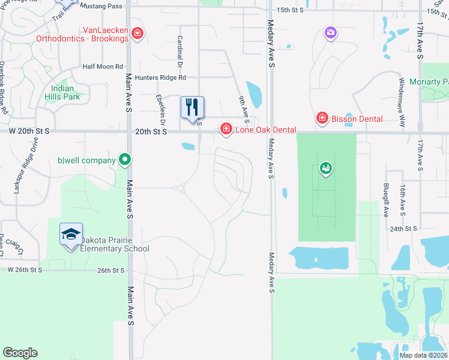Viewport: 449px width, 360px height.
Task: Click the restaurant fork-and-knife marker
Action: pyautogui.click(x=192, y=107)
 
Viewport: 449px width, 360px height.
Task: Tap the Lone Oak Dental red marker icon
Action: pyautogui.click(x=226, y=128)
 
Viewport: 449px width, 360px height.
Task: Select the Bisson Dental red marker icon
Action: pyautogui.click(x=322, y=118)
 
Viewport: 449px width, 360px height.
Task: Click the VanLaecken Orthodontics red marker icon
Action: pyautogui.click(x=137, y=33)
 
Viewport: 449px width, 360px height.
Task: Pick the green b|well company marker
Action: pyautogui.click(x=124, y=160)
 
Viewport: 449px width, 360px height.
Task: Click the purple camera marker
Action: pyautogui.click(x=330, y=32)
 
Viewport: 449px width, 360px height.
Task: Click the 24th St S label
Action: pyautogui.click(x=403, y=229)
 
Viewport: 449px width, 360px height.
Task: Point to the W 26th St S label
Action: pyautogui.click(x=25, y=270)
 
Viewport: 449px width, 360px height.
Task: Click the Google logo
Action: pyautogui.click(x=20, y=353)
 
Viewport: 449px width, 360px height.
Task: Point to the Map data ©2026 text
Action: pyautogui.click(x=423, y=355)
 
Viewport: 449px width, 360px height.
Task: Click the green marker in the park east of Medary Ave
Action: pyautogui.click(x=325, y=169)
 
